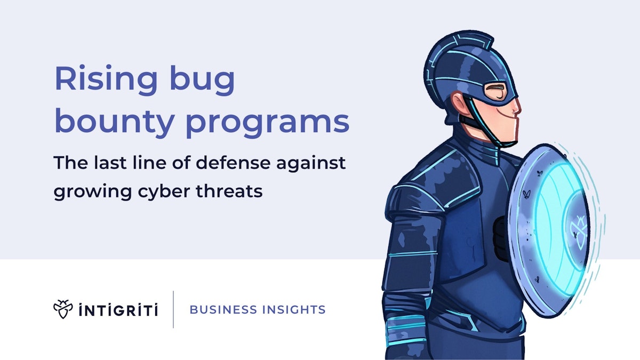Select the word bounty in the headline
pyautogui.click(x=114, y=122)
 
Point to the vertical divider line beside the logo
pyautogui.click(x=173, y=309)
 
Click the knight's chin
pyautogui.click(x=509, y=140)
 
